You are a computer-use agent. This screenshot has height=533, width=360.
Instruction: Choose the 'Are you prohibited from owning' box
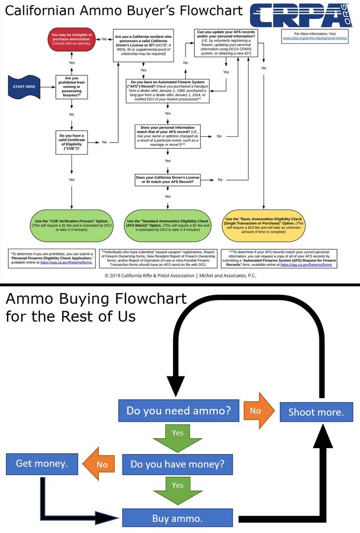(x=71, y=86)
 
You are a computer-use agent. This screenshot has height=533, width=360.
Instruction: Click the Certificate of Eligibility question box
(x=71, y=142)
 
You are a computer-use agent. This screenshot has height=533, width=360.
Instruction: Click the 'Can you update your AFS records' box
(x=226, y=43)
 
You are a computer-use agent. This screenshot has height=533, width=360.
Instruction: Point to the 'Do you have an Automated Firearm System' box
(x=167, y=91)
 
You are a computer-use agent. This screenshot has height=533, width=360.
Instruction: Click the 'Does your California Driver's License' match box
(x=167, y=180)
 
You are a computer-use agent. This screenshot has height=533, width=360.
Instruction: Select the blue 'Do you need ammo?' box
(x=178, y=411)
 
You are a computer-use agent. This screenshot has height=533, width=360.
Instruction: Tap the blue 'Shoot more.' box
(x=316, y=412)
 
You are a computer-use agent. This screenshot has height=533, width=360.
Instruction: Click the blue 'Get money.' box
(x=42, y=463)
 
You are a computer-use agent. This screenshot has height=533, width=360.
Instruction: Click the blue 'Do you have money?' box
(x=177, y=464)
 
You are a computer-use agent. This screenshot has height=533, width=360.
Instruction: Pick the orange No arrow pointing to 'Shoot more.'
(x=258, y=411)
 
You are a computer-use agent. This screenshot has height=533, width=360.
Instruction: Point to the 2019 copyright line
(x=180, y=275)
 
